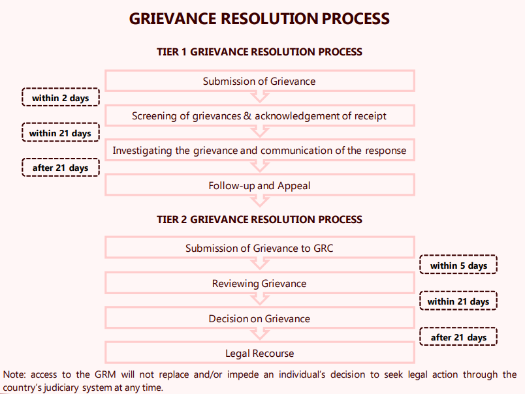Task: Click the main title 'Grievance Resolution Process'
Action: coord(259,19)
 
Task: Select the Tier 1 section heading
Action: coord(259,52)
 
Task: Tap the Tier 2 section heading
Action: coord(259,219)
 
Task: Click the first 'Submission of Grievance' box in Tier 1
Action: coord(260,81)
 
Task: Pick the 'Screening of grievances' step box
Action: coord(260,115)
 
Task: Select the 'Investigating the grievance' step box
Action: coord(260,150)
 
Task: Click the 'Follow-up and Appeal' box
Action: coord(260,185)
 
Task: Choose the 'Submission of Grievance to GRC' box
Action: coord(260,248)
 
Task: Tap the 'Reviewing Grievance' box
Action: coord(260,283)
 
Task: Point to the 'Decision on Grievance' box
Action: coord(260,318)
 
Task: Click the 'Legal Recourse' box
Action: coord(260,353)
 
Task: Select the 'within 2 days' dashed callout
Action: coord(61,97)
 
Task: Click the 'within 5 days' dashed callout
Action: coord(458,265)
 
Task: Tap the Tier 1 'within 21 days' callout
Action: coord(61,132)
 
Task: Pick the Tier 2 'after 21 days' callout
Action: coord(458,337)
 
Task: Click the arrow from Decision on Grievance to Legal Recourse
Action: coord(260,334)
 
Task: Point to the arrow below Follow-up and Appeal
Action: coord(260,201)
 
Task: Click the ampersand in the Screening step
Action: coord(247,115)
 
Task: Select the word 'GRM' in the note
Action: coord(105,374)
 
